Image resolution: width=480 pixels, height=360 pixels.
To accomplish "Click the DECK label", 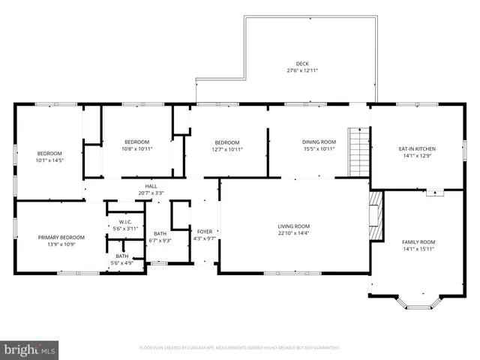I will (302, 64).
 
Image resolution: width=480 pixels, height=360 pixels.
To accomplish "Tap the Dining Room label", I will (319, 142).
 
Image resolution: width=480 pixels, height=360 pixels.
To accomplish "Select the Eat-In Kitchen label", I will (416, 148).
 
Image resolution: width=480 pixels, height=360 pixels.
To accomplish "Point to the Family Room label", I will (418, 241).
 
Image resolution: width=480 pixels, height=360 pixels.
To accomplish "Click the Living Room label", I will (294, 226).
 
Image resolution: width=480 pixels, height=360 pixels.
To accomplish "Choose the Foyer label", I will (205, 232).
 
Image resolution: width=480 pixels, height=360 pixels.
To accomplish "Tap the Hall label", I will (151, 186).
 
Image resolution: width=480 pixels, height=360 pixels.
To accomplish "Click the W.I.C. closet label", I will (125, 222).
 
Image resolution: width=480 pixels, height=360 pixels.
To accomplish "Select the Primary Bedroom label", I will (61, 238).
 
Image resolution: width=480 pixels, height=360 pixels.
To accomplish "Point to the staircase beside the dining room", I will (360, 152).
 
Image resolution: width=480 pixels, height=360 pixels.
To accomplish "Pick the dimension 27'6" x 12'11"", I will (302, 71).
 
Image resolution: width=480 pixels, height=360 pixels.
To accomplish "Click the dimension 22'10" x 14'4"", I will (294, 232).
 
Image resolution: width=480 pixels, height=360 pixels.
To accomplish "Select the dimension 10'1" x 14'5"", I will (49, 160).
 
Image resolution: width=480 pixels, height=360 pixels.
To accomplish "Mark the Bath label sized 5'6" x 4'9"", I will (121, 256).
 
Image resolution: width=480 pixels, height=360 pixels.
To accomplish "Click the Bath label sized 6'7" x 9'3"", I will (160, 233).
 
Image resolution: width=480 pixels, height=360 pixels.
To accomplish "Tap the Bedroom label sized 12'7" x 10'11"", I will (227, 142).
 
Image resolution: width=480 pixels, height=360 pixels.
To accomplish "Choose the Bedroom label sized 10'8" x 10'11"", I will (136, 142).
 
